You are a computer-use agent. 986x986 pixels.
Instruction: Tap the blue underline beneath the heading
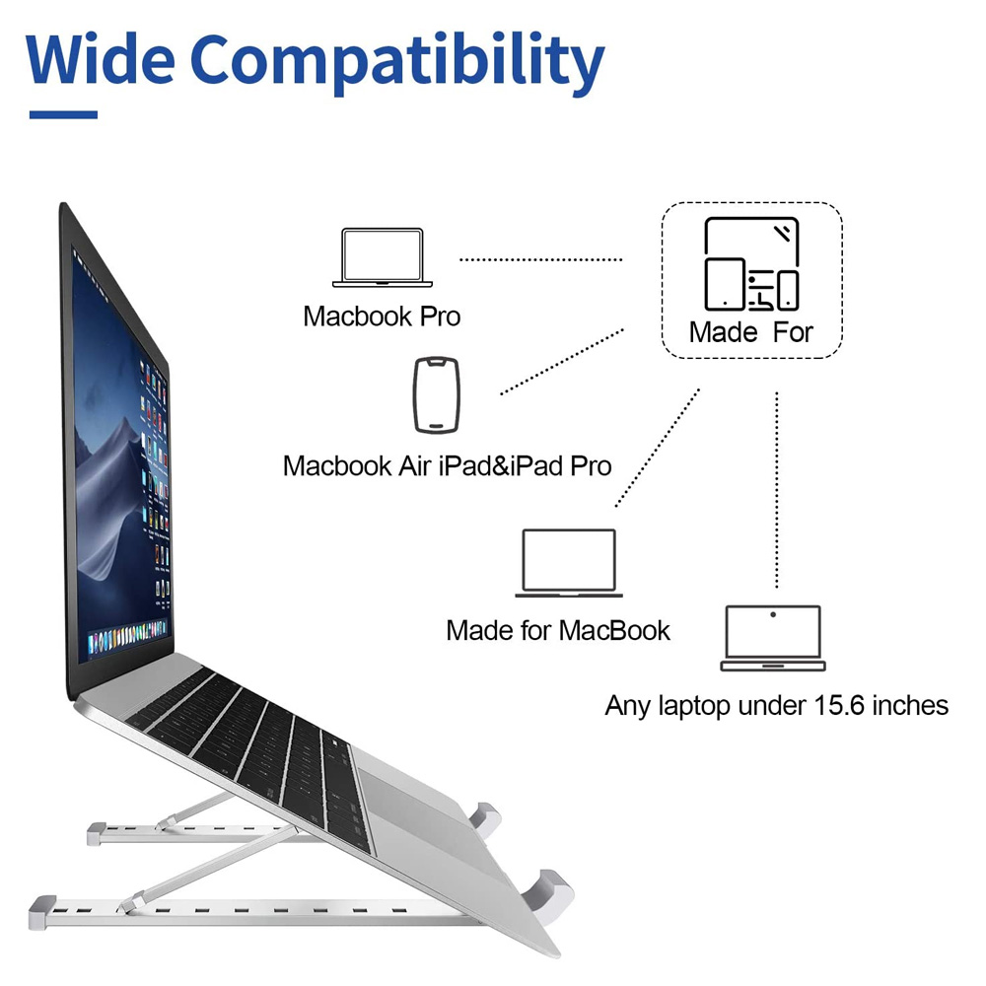[63, 115]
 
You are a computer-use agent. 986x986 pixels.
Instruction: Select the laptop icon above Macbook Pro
[382, 258]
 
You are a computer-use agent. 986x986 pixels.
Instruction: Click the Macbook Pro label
[382, 317]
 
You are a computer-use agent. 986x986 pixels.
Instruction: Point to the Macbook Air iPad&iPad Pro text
[447, 465]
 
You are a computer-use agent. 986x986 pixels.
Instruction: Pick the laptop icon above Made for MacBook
[569, 564]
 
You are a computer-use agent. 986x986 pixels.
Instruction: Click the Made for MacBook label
[558, 630]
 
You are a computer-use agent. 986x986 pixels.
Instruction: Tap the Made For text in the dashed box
[751, 331]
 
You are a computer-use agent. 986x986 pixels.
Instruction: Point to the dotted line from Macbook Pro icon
[541, 259]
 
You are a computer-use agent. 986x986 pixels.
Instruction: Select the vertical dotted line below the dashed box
[777, 488]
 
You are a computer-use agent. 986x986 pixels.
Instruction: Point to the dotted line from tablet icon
[562, 361]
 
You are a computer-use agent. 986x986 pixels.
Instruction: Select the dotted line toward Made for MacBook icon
[658, 448]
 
